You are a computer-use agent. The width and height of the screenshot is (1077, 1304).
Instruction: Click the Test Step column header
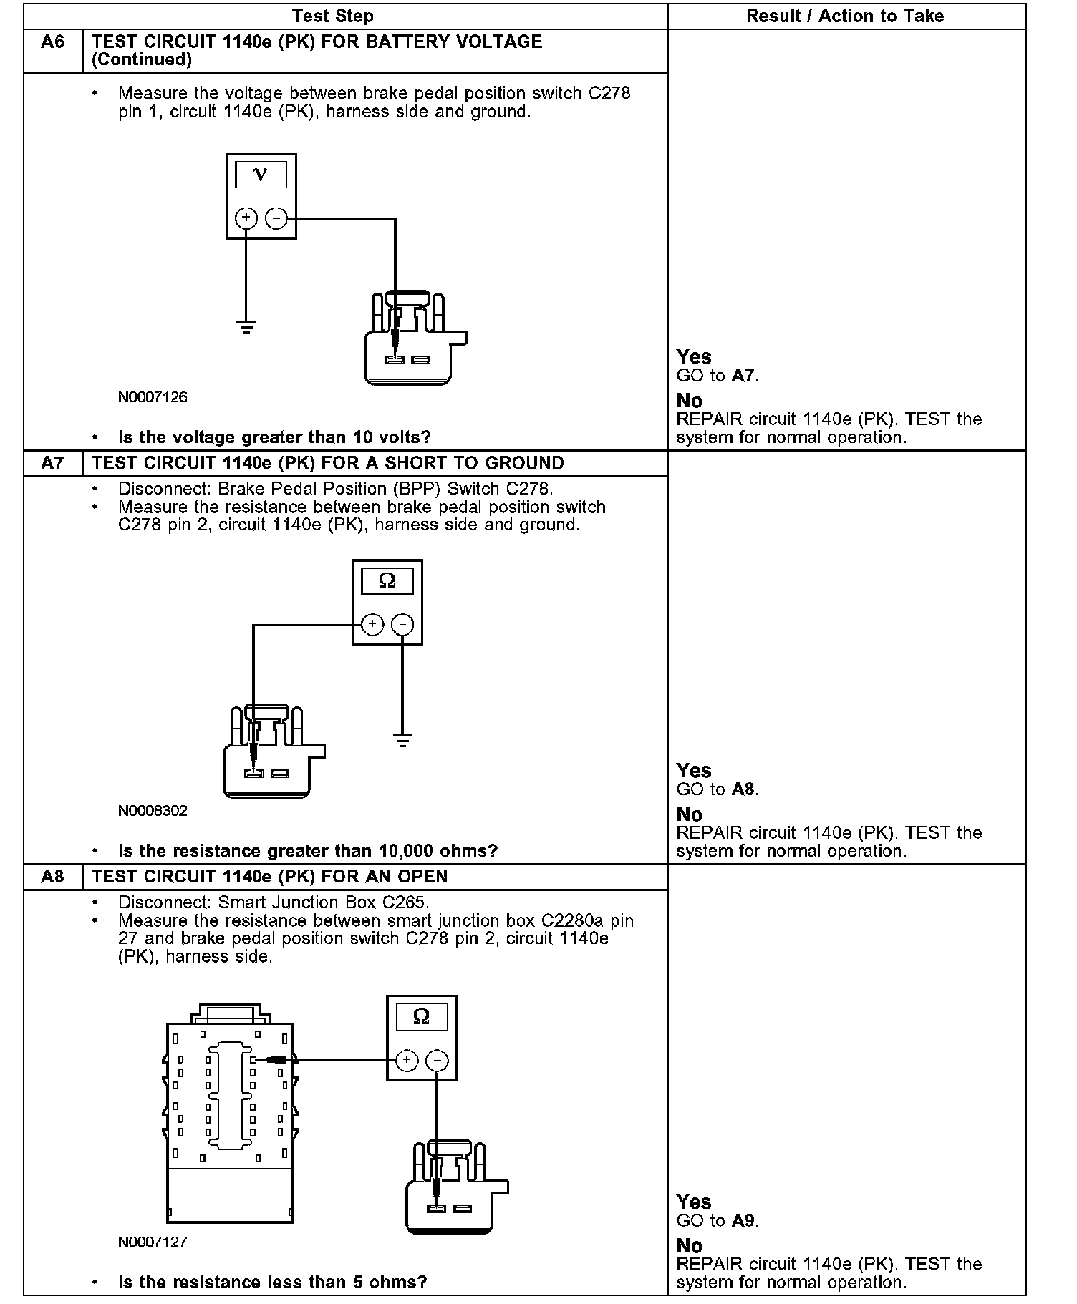click(x=333, y=16)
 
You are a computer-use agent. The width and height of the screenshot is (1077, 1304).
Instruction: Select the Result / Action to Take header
click(x=845, y=16)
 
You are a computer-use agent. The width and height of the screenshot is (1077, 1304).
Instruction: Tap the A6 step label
click(x=53, y=42)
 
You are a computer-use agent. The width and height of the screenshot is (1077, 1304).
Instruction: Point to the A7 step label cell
click(x=53, y=463)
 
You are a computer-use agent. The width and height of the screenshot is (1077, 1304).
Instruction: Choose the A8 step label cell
click(x=53, y=877)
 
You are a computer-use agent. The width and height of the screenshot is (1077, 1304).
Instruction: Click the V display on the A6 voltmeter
click(x=261, y=175)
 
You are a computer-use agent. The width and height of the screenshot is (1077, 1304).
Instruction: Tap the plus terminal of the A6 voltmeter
click(x=246, y=218)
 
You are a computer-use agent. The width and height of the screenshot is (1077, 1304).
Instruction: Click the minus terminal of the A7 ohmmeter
click(x=403, y=624)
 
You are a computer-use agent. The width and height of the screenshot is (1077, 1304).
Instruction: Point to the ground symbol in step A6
click(x=246, y=328)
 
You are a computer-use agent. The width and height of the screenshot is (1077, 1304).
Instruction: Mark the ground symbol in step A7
click(x=403, y=741)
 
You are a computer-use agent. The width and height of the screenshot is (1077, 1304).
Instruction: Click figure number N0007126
click(x=153, y=397)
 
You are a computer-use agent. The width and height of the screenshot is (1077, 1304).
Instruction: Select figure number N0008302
click(x=153, y=811)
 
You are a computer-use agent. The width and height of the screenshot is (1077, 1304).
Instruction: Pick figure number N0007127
click(x=153, y=1242)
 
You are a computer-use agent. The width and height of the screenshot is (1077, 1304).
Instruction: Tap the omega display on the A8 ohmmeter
click(x=421, y=1016)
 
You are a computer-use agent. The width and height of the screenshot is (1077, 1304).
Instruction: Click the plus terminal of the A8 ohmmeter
click(x=406, y=1060)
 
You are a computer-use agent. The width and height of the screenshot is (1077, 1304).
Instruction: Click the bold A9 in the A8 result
click(x=744, y=1221)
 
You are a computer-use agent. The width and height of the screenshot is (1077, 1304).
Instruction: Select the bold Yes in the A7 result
click(x=694, y=771)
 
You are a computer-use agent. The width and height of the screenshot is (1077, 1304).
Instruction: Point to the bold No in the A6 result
click(x=690, y=401)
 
